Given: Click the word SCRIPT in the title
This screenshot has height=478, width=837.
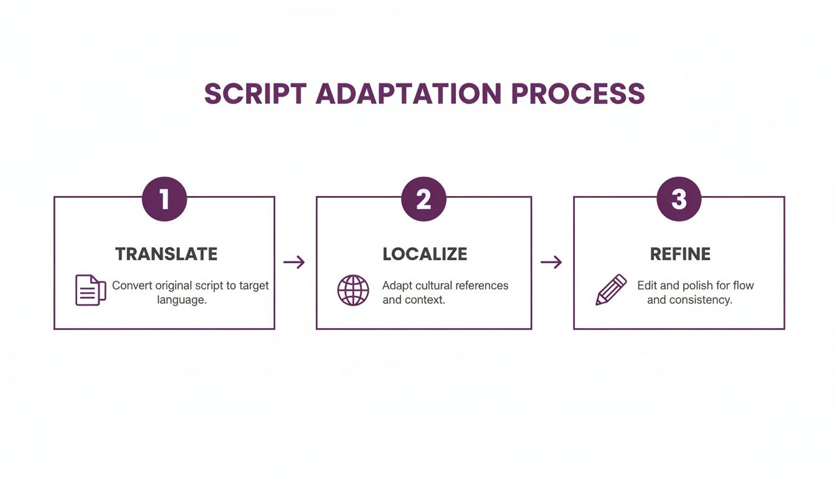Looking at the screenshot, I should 255,94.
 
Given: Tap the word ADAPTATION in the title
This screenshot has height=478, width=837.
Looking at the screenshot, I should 408,94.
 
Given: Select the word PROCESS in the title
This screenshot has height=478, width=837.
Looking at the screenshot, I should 578,94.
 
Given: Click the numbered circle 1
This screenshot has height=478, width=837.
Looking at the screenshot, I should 164,199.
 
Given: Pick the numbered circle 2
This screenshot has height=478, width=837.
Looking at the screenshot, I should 423,199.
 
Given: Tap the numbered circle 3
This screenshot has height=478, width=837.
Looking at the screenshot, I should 679,199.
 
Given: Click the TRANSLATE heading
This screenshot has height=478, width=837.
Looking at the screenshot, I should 166,254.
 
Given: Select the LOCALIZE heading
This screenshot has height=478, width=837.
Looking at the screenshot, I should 425,254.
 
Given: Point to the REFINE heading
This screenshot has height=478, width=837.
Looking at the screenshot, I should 680,254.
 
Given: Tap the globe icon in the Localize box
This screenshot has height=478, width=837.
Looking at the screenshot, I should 353,290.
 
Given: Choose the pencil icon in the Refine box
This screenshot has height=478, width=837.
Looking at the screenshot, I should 611,289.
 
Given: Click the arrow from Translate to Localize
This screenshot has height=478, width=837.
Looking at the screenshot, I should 295,263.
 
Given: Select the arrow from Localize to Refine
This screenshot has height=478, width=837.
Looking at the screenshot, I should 551,263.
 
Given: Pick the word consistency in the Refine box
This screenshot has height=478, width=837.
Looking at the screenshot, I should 701,300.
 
